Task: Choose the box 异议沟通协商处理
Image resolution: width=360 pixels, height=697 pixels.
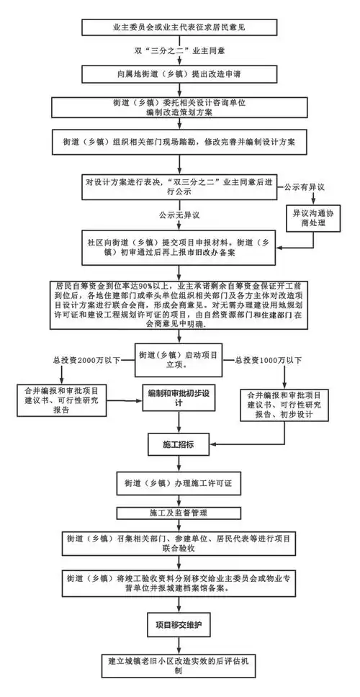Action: (x=308, y=218)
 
